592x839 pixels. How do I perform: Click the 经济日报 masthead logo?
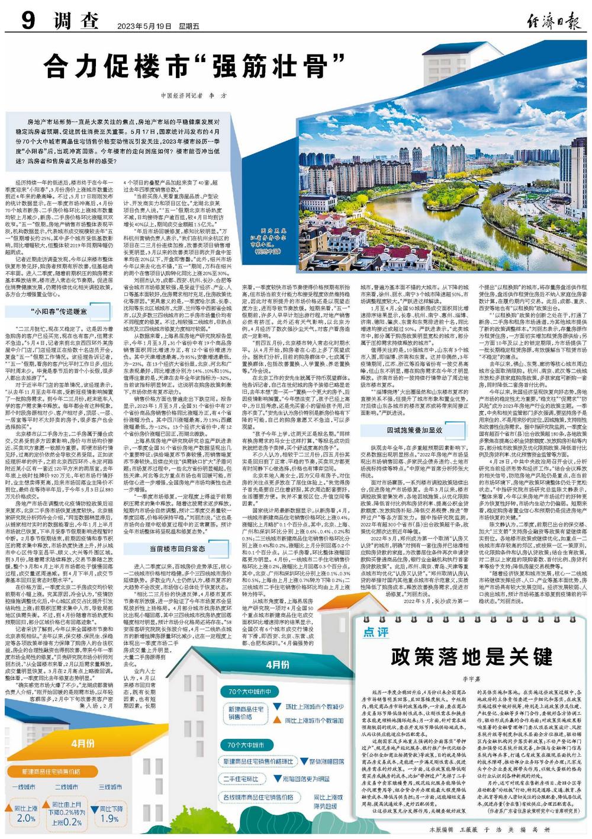[x=554, y=24]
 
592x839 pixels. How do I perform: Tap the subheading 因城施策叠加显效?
[x=406, y=430]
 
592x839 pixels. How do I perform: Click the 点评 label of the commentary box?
[x=376, y=632]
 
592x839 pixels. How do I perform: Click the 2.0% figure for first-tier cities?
[x=26, y=818]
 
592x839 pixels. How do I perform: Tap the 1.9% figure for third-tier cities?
[x=109, y=818]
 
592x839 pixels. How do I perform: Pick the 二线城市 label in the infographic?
[x=66, y=787]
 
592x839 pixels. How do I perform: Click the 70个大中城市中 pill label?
[x=249, y=692]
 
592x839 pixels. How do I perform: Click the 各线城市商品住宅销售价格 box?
[x=258, y=797]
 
